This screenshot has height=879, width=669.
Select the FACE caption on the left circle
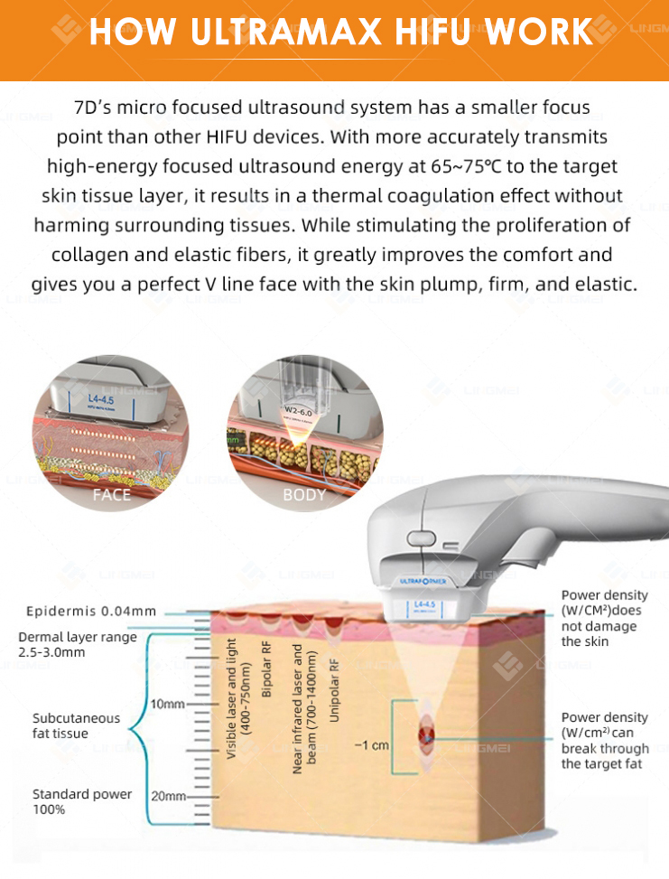click(111, 494)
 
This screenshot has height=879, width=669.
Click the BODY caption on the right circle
click(304, 494)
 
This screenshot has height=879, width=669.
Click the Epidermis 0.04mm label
click(91, 611)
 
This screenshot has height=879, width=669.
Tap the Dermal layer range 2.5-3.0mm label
click(78, 644)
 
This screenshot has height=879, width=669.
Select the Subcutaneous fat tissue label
click(76, 725)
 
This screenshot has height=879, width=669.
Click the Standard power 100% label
click(82, 801)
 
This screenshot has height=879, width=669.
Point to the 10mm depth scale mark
click(168, 704)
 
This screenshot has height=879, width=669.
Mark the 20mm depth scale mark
click(168, 796)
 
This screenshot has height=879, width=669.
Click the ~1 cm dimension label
click(371, 745)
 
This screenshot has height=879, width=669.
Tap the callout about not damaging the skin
click(604, 618)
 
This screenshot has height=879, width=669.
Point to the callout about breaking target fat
click(604, 741)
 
